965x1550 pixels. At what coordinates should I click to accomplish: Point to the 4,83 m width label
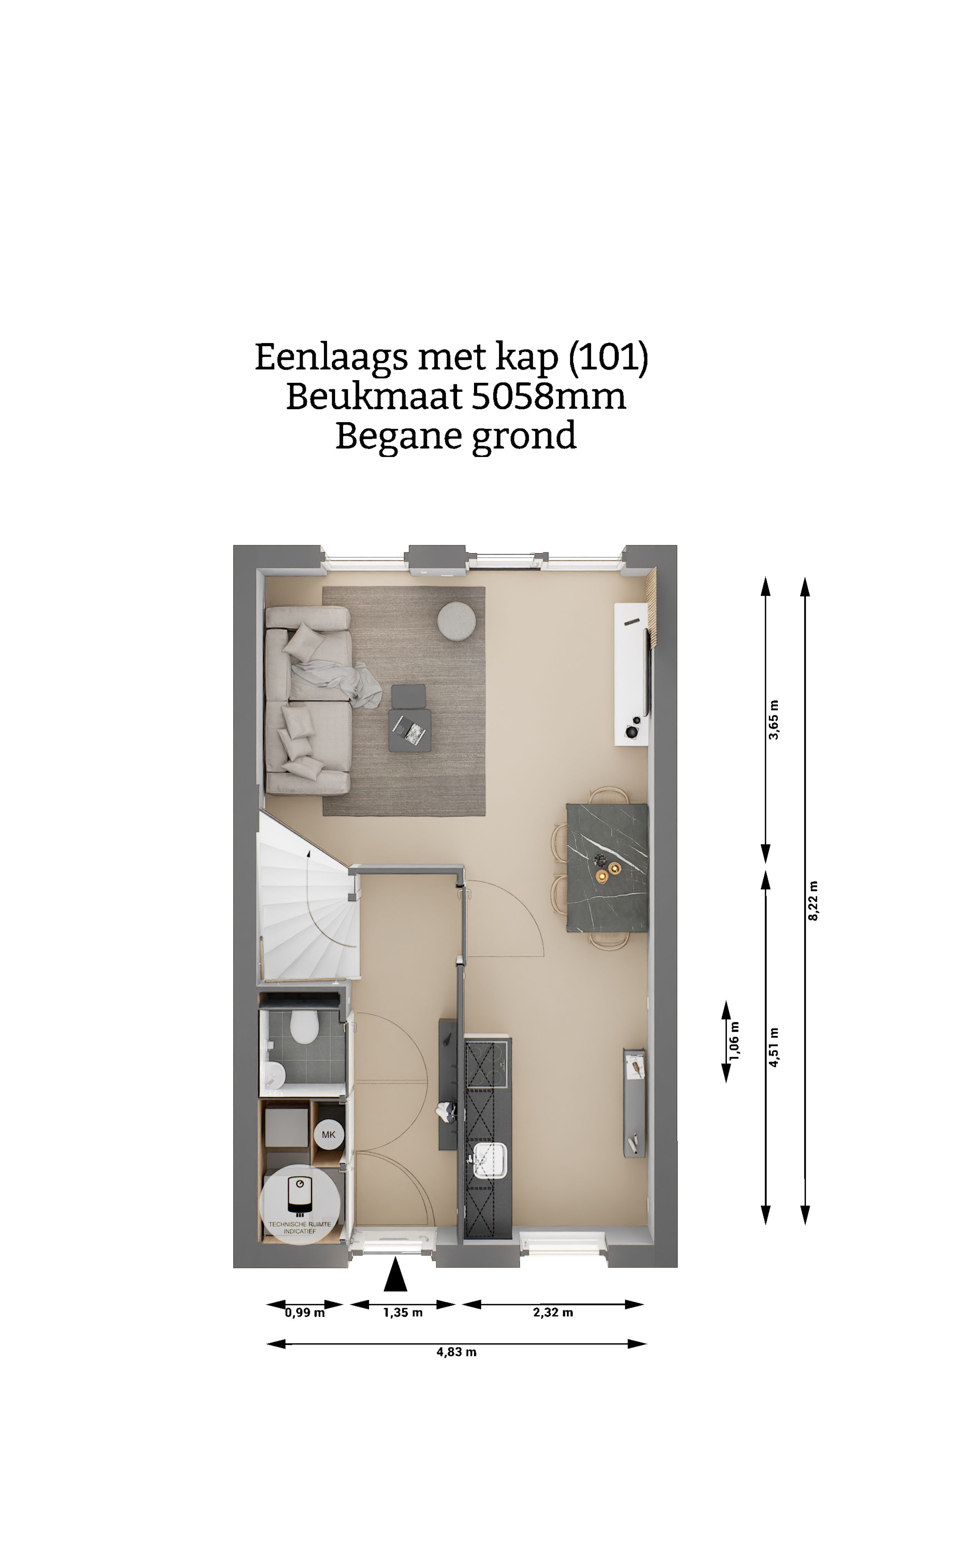[456, 1352]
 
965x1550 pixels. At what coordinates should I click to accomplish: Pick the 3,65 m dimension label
[774, 720]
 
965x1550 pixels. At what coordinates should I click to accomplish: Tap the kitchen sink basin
[490, 1159]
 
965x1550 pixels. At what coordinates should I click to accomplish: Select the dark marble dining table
[607, 868]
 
